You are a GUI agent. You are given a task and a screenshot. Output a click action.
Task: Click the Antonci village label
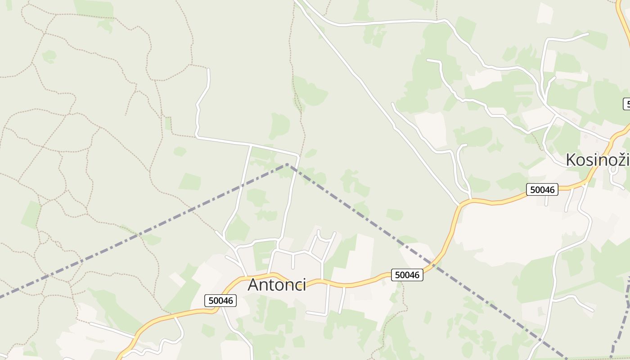tap(277, 285)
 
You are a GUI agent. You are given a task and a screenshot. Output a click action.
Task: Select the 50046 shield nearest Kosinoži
tap(542, 189)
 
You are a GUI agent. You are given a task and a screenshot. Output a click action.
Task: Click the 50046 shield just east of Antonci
tap(407, 275)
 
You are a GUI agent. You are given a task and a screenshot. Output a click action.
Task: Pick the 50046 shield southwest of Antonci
tap(221, 300)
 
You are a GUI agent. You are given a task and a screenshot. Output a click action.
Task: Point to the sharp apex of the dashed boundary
tap(287, 165)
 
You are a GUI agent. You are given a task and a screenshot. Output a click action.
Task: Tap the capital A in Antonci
tap(254, 285)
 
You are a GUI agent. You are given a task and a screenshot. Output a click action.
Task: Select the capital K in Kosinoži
tap(571, 160)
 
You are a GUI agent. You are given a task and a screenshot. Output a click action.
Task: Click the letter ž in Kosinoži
tap(618, 160)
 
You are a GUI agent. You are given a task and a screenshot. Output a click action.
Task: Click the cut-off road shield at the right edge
tap(626, 104)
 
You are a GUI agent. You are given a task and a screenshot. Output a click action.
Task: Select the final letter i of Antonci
tap(304, 285)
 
